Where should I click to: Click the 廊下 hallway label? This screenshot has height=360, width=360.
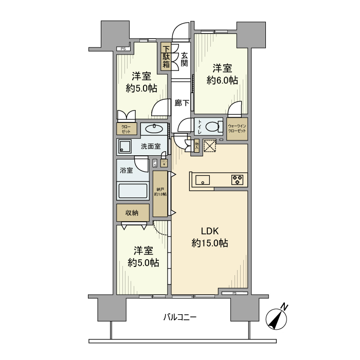point(182,103)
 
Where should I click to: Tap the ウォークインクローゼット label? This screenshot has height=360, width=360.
point(236,128)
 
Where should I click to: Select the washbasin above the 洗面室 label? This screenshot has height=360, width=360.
point(153,129)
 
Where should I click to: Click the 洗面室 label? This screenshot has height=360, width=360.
point(151,147)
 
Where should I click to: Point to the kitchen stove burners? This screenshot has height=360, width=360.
point(238,179)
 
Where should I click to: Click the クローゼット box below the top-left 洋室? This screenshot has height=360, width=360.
point(125,128)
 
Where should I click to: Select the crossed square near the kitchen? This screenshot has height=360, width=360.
point(210,146)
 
